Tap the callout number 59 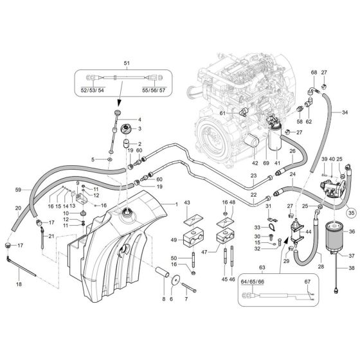point(18,189)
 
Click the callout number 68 point(314,72)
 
